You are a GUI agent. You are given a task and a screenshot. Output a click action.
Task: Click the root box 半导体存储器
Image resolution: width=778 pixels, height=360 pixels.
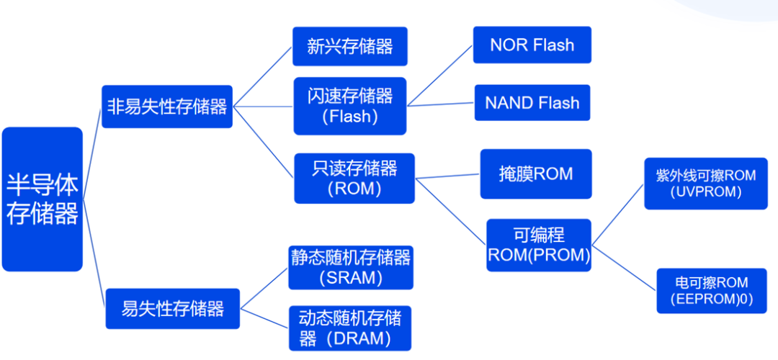coord(43,199)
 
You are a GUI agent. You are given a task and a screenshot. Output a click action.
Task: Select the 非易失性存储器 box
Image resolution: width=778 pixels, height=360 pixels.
coord(167,107)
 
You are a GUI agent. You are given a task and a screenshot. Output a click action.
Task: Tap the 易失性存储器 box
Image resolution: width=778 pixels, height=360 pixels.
coord(173,308)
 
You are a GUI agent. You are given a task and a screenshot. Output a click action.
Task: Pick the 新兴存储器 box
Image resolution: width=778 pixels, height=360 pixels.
coord(350,46)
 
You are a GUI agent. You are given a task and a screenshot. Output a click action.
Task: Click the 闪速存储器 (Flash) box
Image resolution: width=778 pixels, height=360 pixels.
coord(350,106)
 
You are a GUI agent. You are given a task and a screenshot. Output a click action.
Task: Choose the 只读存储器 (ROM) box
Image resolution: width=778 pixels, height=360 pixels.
coord(354,179)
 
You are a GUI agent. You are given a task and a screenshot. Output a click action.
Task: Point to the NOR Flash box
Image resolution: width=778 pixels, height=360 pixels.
coord(532,45)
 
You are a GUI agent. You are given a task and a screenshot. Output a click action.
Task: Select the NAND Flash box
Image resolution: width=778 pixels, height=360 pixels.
coord(532,103)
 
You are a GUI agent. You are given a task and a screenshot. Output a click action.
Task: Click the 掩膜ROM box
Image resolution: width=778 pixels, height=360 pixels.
coord(536,174)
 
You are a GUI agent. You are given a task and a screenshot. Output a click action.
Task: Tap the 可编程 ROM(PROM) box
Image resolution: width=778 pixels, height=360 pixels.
coord(539,245)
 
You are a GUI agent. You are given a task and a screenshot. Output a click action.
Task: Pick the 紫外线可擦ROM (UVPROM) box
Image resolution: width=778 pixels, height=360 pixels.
coord(705,184)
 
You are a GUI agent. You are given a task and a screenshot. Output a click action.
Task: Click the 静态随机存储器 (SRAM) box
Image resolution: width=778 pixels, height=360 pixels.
coord(351,268)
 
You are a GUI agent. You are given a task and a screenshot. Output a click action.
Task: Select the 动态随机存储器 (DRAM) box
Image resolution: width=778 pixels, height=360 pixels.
coord(350,328)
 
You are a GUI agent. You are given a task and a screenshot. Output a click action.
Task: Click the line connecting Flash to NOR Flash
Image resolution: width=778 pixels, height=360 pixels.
coord(439,76)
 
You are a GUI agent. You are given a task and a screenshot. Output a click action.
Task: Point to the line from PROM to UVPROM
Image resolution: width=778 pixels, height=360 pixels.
coord(618,215)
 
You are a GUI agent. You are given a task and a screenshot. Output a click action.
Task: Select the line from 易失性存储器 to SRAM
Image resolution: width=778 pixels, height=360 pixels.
coord(264,288)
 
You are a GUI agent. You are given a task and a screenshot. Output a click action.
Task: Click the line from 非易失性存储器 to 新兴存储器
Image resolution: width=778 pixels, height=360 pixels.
coord(262,76)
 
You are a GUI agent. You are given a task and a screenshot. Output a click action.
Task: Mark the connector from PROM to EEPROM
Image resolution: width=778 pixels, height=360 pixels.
coord(624,268)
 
